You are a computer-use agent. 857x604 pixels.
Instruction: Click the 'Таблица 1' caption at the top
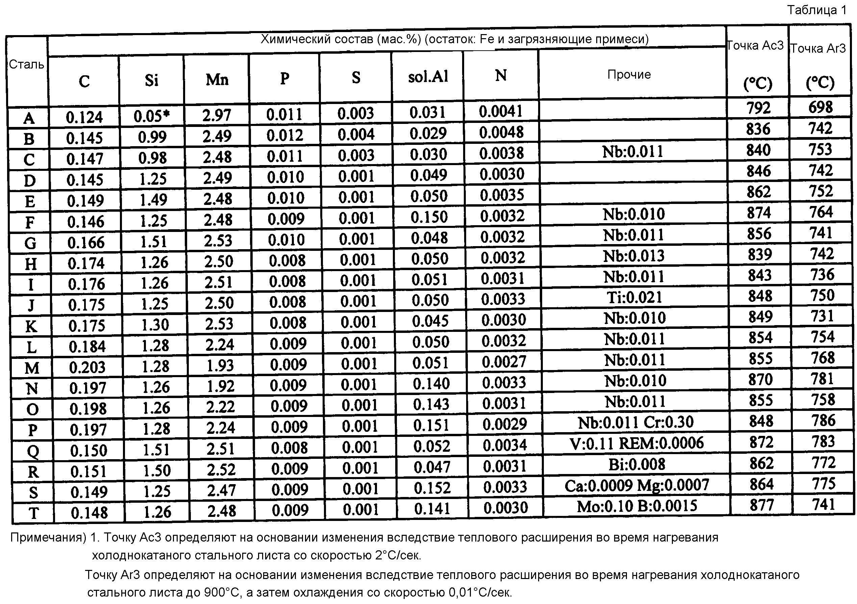tap(817, 10)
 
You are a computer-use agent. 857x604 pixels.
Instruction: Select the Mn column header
tap(217, 79)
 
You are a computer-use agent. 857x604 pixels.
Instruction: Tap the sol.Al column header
tap(428, 77)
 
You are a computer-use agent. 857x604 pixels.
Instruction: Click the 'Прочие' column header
tap(629, 75)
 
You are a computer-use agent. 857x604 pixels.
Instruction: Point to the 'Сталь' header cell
tap(26, 64)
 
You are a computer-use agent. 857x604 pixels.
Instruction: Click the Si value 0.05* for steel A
tap(151, 116)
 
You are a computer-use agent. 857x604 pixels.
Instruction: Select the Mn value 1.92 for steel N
tap(220, 387)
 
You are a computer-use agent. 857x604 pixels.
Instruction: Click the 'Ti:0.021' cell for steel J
tap(634, 297)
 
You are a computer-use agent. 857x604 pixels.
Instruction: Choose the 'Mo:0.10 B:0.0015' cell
tap(637, 506)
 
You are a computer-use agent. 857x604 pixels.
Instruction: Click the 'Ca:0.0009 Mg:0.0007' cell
tap(637, 485)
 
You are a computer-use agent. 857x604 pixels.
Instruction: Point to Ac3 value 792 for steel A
tap(758, 108)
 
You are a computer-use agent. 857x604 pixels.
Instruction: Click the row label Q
tap(33, 451)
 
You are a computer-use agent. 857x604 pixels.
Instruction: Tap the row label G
tap(30, 243)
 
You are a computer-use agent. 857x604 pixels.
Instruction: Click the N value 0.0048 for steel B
tap(501, 132)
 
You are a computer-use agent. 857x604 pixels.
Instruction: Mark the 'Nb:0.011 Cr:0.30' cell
tap(636, 422)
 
